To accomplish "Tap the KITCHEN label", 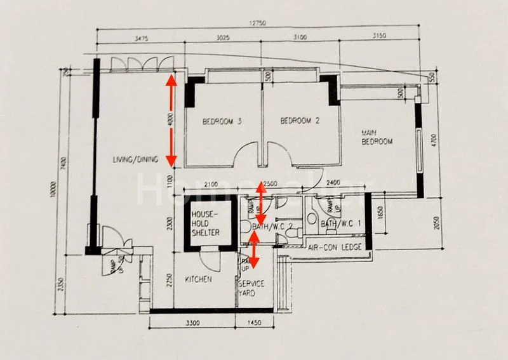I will coord(199,279).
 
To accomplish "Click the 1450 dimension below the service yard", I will coord(255,324).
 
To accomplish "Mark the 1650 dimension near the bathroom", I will coord(380,211).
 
